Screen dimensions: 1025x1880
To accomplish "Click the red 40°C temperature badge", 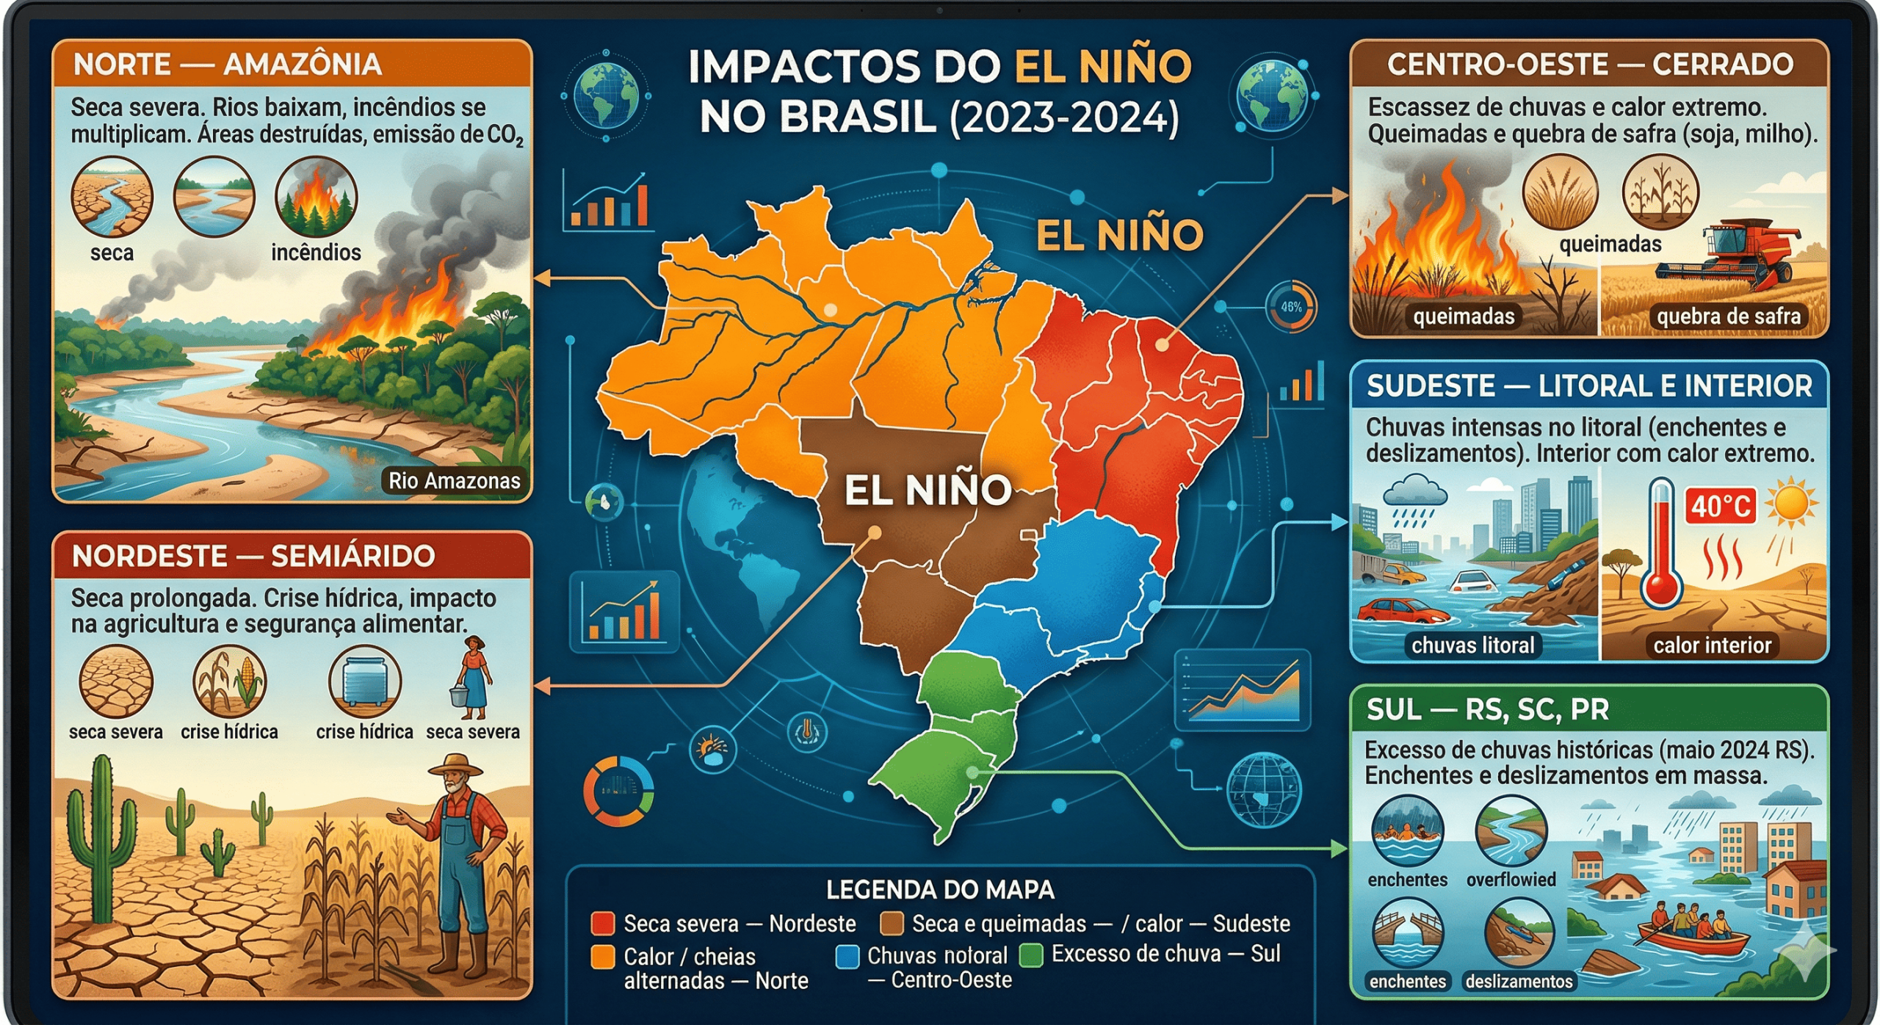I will click(x=1721, y=507).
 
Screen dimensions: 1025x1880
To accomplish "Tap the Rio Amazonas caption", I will click(x=454, y=481).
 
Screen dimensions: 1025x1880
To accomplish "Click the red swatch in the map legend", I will click(x=603, y=923).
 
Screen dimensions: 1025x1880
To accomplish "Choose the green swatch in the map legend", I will click(x=1031, y=955).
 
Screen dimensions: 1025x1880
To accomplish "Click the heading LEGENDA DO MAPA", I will click(x=940, y=890).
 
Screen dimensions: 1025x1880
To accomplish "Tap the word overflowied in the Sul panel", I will click(x=1511, y=880).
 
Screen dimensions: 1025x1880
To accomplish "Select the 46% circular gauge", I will click(x=1291, y=307).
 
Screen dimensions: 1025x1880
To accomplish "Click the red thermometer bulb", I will click(x=1661, y=587).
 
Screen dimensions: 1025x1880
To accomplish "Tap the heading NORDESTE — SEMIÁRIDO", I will click(x=253, y=556).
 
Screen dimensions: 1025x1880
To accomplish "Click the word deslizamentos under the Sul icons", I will click(x=1519, y=982).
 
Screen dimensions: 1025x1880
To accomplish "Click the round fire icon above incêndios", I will click(x=316, y=197).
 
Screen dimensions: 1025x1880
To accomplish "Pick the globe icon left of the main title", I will click(x=606, y=95).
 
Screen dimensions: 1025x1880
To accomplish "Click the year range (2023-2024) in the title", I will click(x=1064, y=117).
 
